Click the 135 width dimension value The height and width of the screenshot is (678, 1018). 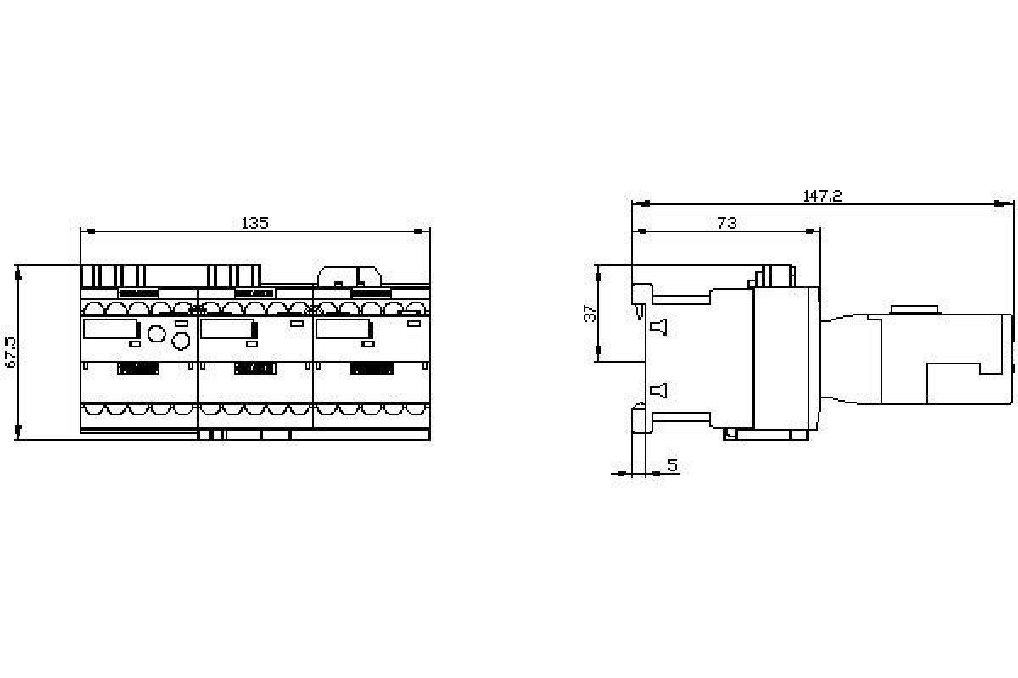coord(255,223)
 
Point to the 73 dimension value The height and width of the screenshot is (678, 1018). coord(726,223)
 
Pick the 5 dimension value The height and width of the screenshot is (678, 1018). coord(672,465)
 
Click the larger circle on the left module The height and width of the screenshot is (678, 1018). coord(181,341)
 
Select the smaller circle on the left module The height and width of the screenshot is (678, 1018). coord(155,332)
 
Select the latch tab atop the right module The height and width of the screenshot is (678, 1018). coord(348,275)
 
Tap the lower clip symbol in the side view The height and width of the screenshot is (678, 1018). coord(658,391)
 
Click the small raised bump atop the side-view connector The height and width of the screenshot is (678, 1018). coord(913,309)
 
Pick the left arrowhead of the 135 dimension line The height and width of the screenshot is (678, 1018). coord(85,231)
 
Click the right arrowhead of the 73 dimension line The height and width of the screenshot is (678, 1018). coord(815,231)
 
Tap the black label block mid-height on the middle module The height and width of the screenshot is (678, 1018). coord(255,369)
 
